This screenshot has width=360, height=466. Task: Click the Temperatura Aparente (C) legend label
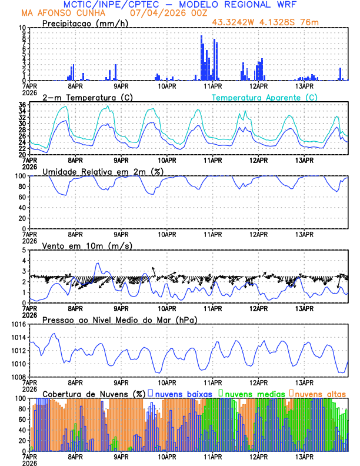pyautogui.click(x=265, y=97)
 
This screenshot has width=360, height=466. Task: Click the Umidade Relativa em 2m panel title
pyautogui.click(x=103, y=171)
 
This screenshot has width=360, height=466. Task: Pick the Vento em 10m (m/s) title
pyautogui.click(x=82, y=245)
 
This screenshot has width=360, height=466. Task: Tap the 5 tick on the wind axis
pyautogui.click(x=24, y=250)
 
